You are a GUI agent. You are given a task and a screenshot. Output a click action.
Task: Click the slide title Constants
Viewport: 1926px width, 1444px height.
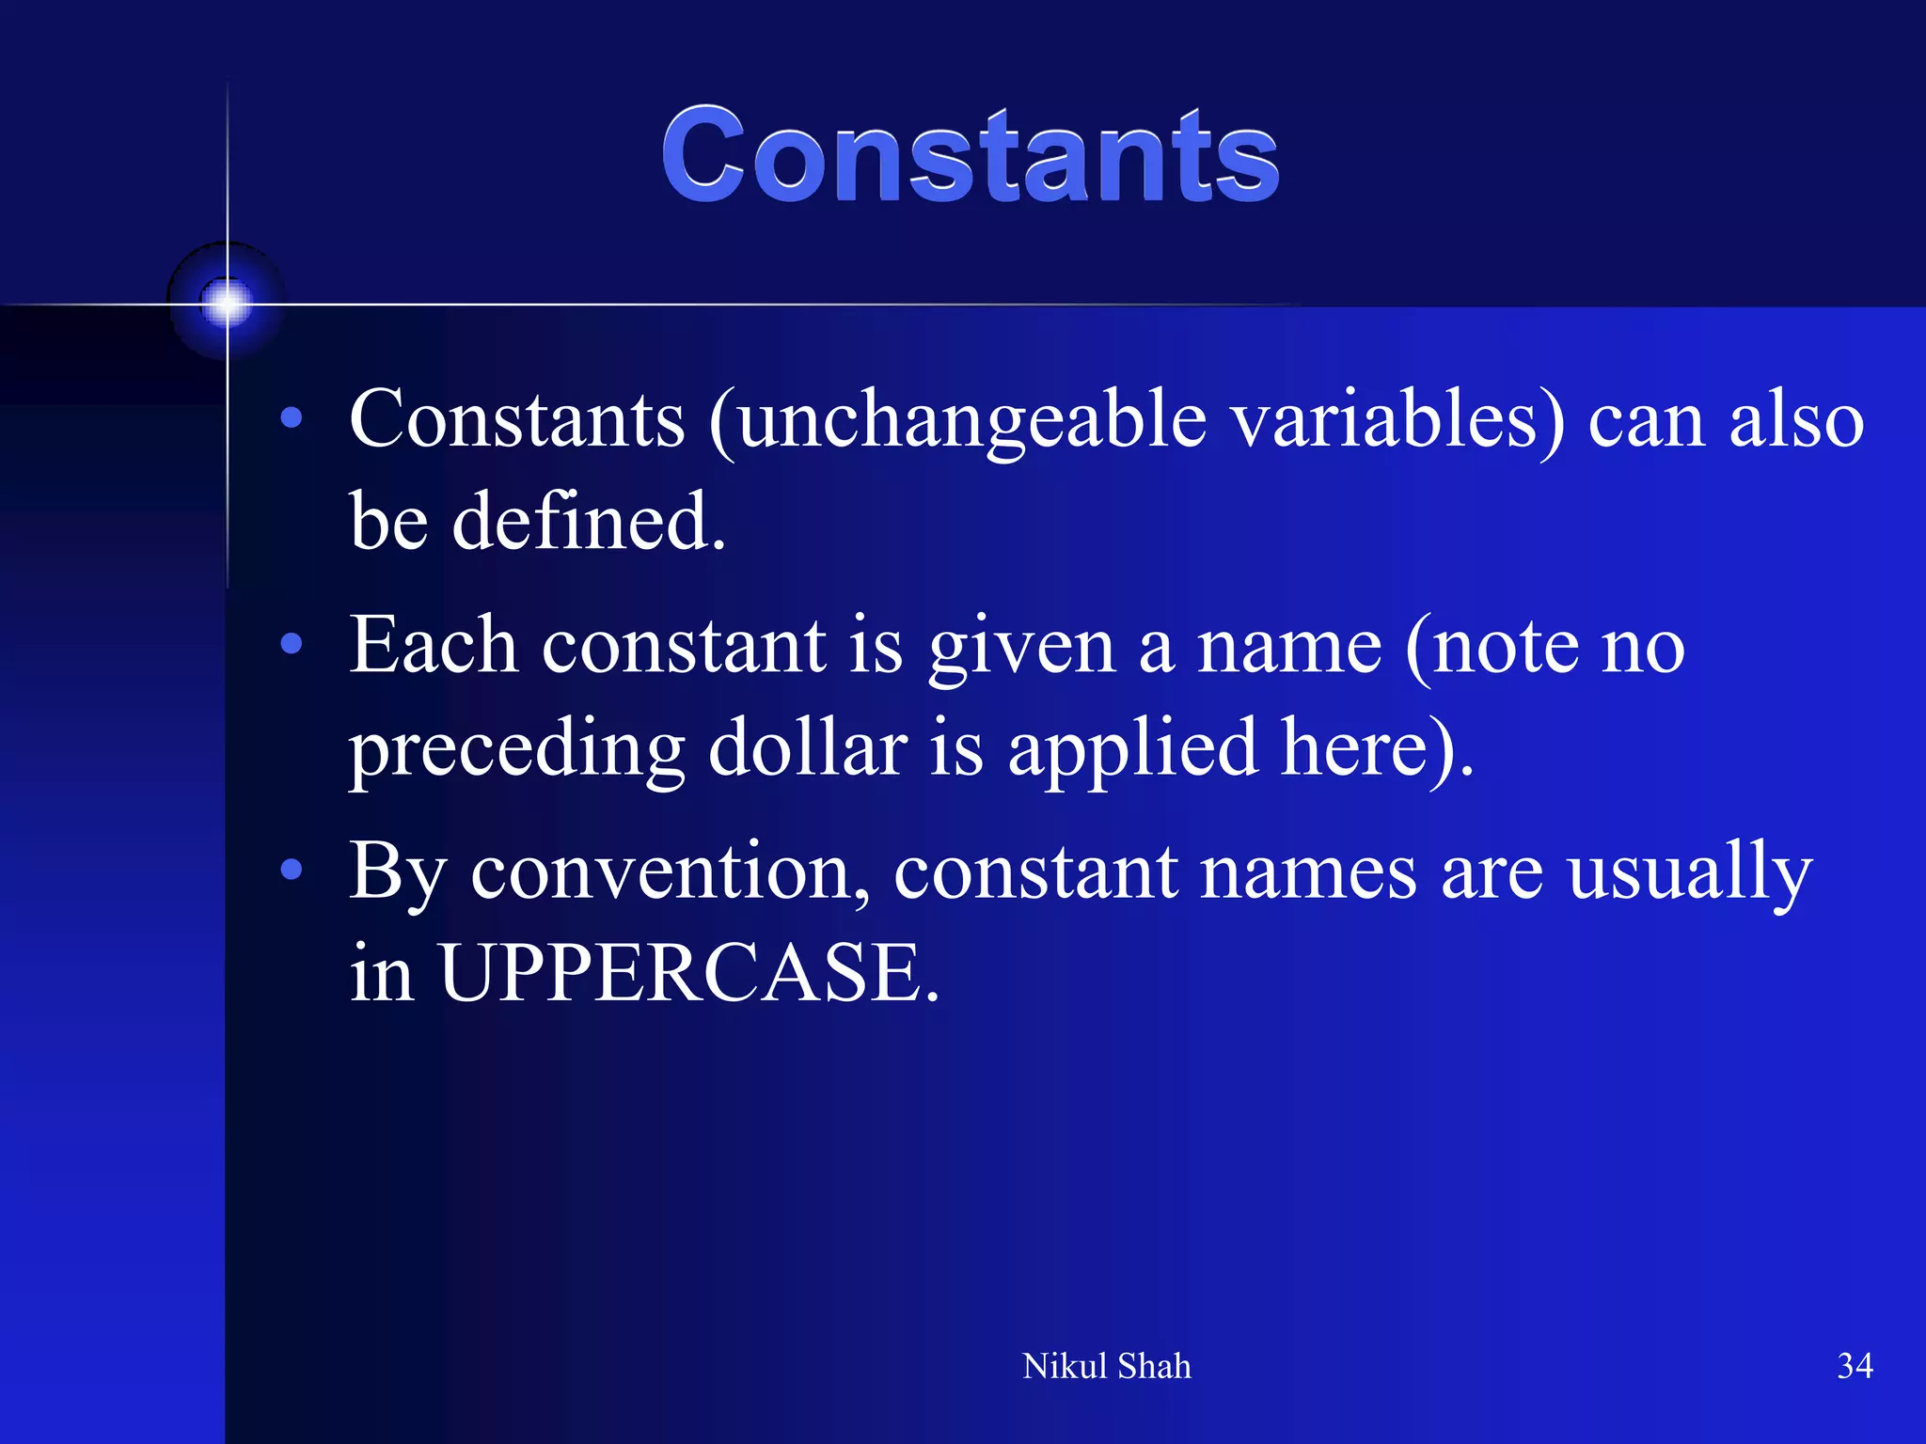(970, 155)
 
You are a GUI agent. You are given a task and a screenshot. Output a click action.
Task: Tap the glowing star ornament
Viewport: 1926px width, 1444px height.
(227, 303)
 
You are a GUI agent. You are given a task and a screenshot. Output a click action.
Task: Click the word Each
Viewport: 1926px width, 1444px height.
(433, 646)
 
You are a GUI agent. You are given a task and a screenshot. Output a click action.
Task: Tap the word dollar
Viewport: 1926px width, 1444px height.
(808, 748)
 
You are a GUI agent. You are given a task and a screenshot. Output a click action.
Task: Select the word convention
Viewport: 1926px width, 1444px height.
(670, 871)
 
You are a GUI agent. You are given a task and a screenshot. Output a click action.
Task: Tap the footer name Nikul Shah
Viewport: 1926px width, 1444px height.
(1106, 1366)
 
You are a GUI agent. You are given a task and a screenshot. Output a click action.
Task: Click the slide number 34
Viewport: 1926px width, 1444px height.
(1855, 1366)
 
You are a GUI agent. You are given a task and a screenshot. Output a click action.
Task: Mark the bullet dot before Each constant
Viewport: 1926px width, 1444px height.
(292, 644)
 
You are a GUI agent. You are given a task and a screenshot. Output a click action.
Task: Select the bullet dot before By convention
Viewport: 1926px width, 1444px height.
(292, 870)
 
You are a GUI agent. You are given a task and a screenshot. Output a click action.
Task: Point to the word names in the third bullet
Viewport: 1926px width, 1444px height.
(1308, 873)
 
